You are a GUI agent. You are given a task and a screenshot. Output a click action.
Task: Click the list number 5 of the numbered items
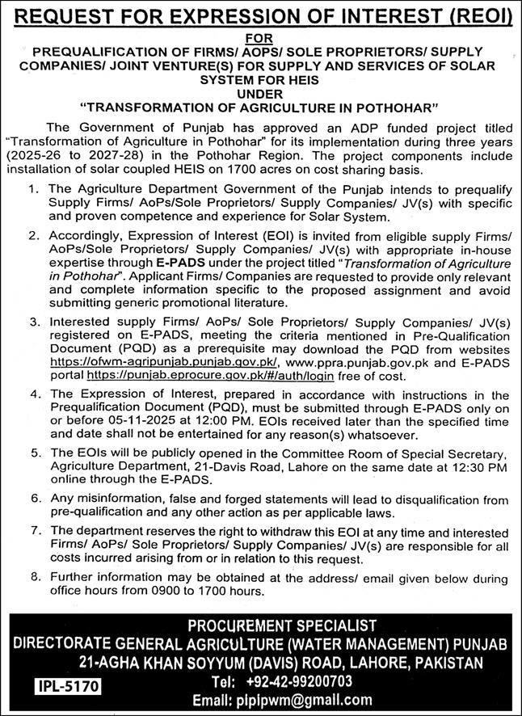[32, 455]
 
